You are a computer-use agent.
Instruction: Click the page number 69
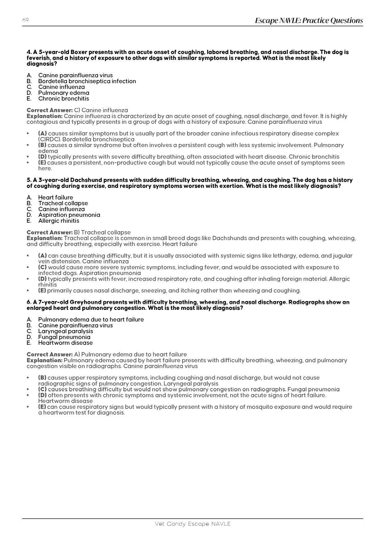[x=25, y=20]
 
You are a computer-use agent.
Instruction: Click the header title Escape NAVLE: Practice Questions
[x=309, y=20]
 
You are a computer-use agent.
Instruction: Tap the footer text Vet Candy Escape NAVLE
[x=192, y=524]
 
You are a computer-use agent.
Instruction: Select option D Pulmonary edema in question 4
[x=63, y=93]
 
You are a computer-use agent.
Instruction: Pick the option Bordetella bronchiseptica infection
[x=87, y=81]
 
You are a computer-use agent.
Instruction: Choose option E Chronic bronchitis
[x=63, y=99]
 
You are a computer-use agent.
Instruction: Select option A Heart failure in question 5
[x=55, y=198]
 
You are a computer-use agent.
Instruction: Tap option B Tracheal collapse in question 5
[x=63, y=203]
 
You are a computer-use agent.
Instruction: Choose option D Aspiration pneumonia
[x=69, y=215]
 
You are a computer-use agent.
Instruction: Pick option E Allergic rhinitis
[x=58, y=221]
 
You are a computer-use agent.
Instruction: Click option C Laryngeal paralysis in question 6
[x=65, y=331]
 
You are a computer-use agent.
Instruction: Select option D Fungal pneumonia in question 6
[x=64, y=337]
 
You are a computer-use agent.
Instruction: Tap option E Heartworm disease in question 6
[x=65, y=343]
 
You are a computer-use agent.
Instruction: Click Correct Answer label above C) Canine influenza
[x=49, y=110]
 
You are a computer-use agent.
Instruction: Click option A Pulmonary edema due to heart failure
[x=91, y=319]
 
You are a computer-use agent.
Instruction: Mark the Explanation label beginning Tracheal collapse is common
[x=44, y=238]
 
